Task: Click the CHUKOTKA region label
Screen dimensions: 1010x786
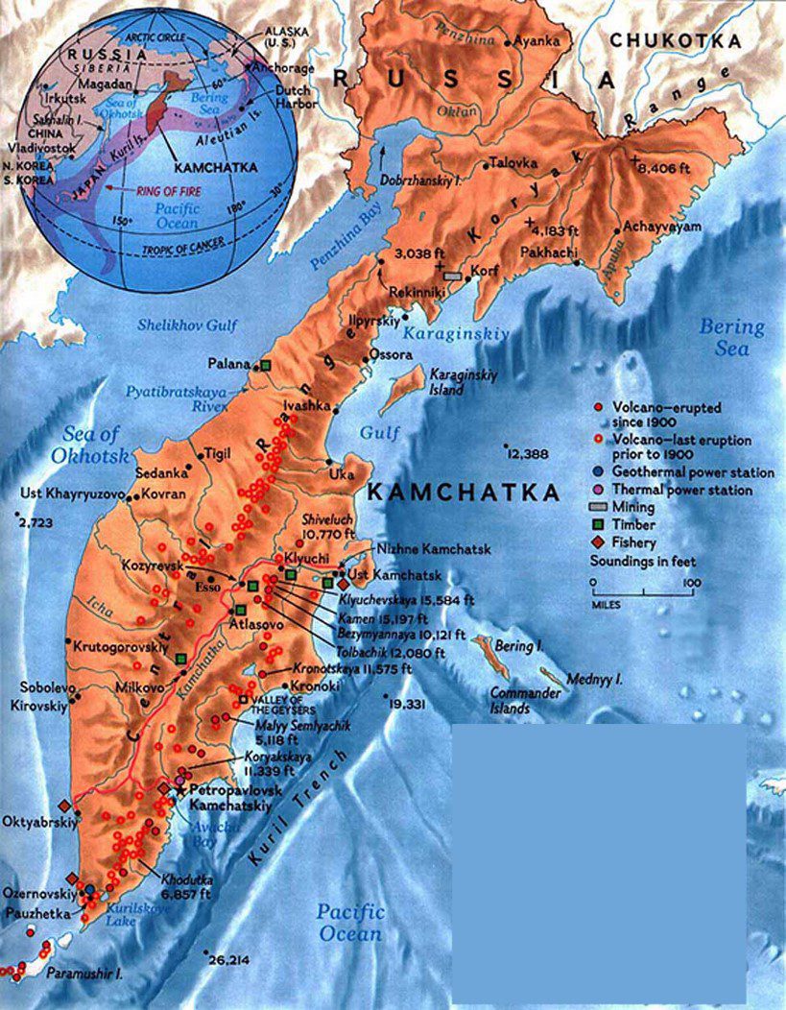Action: point(676,41)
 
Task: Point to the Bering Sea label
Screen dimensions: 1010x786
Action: point(731,337)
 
